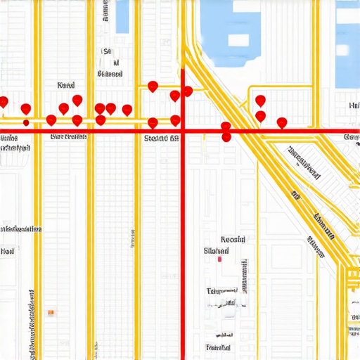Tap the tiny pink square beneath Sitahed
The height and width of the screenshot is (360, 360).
tap(220, 259)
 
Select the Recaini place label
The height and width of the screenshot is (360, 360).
tap(233, 239)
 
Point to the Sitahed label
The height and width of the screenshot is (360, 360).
tap(216, 250)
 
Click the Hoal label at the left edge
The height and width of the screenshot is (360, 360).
tap(8, 250)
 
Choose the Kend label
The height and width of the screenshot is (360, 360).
tap(65, 85)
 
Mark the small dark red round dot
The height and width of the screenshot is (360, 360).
tap(26, 122)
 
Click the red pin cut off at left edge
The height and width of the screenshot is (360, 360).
tap(3, 103)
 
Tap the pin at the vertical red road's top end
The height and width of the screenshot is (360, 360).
tap(187, 91)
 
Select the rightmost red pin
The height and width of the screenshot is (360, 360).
tap(282, 123)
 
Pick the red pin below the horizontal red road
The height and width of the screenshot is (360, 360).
tap(226, 137)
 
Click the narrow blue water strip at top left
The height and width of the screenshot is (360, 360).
tap(122, 16)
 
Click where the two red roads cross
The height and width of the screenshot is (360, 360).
tap(183, 131)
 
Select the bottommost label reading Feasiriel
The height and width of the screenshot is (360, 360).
tap(218, 347)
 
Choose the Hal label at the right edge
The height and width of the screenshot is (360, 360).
tap(354, 106)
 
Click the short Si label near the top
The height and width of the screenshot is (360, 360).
tap(107, 51)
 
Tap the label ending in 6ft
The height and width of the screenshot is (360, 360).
tap(160, 139)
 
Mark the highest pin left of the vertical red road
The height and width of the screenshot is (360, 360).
tap(153, 86)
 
